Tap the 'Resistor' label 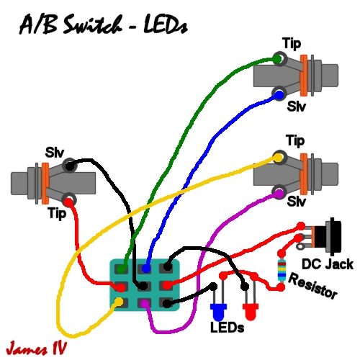[x=314, y=288]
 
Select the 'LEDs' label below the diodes [x=228, y=328]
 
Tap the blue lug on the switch [x=147, y=268]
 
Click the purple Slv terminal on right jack [x=278, y=192]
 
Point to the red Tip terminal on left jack [x=69, y=199]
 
